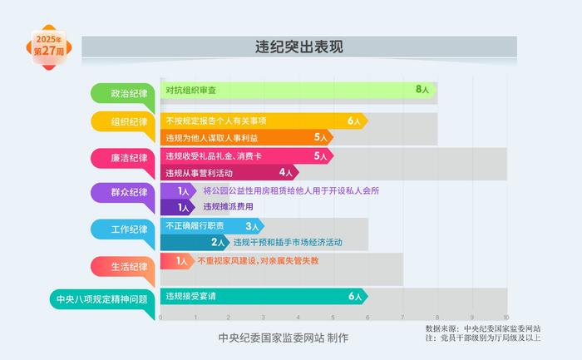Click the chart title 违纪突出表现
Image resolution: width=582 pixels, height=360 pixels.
click(299, 47)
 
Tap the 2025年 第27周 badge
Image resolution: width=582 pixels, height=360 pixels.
click(48, 47)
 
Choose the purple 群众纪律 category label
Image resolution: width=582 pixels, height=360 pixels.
click(123, 194)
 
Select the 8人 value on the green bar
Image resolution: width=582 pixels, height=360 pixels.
click(422, 90)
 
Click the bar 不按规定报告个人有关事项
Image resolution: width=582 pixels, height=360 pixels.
click(264, 121)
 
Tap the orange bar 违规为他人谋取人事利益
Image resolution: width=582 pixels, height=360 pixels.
click(247, 137)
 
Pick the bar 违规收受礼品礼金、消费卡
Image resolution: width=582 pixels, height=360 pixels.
click(247, 155)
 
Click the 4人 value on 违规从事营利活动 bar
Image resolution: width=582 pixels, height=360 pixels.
click(286, 172)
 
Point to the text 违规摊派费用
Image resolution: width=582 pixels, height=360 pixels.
click(229, 207)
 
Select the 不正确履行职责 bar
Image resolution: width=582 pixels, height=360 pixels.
click(212, 226)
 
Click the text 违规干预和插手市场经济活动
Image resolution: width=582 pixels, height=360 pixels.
click(288, 242)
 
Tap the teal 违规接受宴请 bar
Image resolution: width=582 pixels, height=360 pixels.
click(264, 296)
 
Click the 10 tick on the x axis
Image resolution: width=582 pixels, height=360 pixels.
click(506, 318)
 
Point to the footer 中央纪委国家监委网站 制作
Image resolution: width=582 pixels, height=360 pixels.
click(284, 338)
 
